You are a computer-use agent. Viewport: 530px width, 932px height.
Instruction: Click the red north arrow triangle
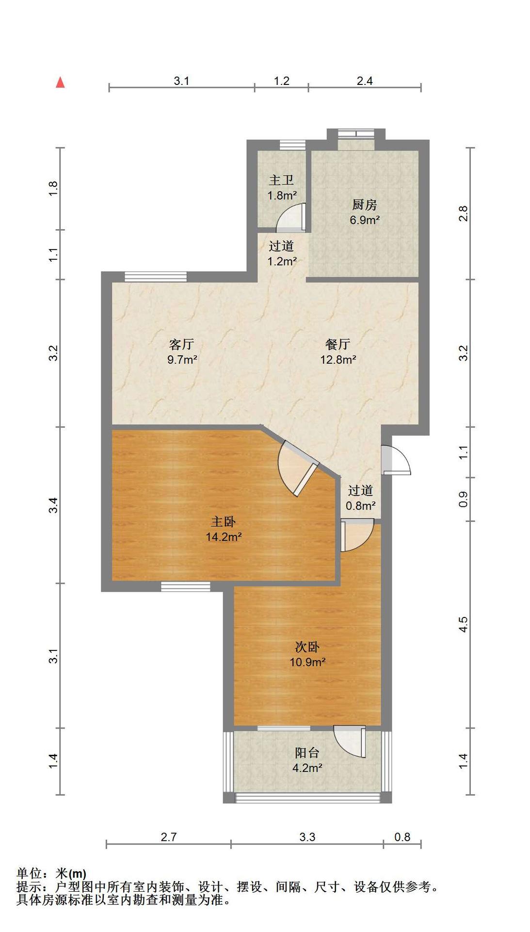click(x=60, y=83)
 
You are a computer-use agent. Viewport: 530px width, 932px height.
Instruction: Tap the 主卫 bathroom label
click(x=281, y=181)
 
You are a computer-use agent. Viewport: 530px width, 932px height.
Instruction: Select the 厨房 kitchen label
click(x=364, y=205)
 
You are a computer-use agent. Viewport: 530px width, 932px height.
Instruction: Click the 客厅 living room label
click(x=182, y=345)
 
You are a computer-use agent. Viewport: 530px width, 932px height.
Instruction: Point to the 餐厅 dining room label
click(x=338, y=345)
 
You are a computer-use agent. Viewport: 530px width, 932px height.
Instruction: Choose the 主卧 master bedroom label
click(x=223, y=522)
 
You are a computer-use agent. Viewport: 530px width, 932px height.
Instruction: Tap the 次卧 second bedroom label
click(x=307, y=647)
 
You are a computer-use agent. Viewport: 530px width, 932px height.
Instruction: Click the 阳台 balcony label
click(x=307, y=753)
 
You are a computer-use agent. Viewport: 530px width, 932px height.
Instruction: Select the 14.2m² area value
click(x=224, y=537)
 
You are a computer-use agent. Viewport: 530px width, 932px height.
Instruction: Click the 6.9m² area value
click(x=365, y=220)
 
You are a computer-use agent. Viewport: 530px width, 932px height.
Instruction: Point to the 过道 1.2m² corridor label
click(x=282, y=253)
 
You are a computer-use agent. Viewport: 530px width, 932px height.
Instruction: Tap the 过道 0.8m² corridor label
click(x=360, y=498)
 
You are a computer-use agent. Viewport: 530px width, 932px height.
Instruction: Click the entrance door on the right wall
click(x=396, y=459)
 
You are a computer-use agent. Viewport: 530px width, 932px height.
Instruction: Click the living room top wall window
click(x=156, y=276)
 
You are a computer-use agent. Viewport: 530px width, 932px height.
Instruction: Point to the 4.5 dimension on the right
click(x=463, y=624)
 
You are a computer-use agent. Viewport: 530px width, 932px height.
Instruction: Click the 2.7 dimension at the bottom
click(x=169, y=837)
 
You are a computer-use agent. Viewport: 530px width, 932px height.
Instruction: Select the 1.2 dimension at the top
click(x=282, y=81)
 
